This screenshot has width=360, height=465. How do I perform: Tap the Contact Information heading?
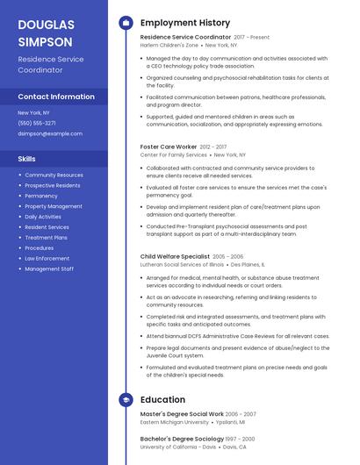tap(56, 97)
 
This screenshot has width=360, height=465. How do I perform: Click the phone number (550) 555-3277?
tap(37, 123)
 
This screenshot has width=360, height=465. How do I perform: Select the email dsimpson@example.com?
tap(50, 133)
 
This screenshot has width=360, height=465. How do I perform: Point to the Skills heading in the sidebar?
tap(27, 159)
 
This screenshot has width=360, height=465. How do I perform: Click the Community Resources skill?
tap(54, 175)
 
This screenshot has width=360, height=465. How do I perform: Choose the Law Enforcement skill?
tap(47, 259)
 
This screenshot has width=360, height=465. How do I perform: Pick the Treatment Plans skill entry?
tap(47, 238)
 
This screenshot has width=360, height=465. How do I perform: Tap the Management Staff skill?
tap(49, 269)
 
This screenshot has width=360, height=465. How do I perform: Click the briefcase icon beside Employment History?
tap(126, 22)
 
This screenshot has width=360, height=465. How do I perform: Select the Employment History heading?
tap(185, 22)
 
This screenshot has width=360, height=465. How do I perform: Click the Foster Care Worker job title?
tap(169, 147)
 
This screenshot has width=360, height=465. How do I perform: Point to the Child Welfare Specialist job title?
tap(175, 256)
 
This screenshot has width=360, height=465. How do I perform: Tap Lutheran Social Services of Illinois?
tap(182, 263)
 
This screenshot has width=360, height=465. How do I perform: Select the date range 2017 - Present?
tap(252, 38)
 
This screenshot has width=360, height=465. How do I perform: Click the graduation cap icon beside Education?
tap(126, 399)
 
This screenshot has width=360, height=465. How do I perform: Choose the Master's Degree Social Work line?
tap(182, 413)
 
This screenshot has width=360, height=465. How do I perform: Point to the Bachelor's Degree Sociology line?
tap(181, 438)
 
